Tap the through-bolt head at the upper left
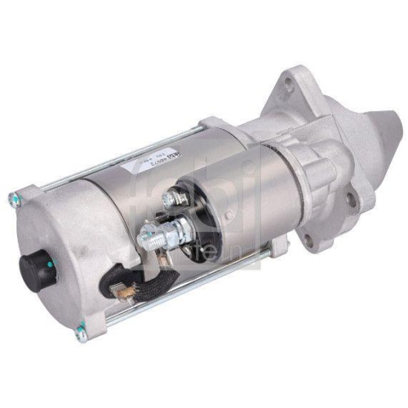coord(14,197)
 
